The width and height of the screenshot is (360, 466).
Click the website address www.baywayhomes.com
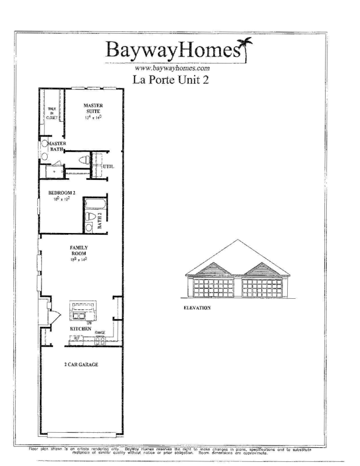[168, 68]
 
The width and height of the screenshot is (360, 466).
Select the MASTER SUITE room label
[93, 110]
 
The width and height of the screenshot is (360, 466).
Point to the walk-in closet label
[52, 112]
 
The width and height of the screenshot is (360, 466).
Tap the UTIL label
[108, 167]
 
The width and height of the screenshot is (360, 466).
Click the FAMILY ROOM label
[79, 251]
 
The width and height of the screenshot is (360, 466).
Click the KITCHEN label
[81, 329]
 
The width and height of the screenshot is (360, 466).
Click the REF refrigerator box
[76, 338]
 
